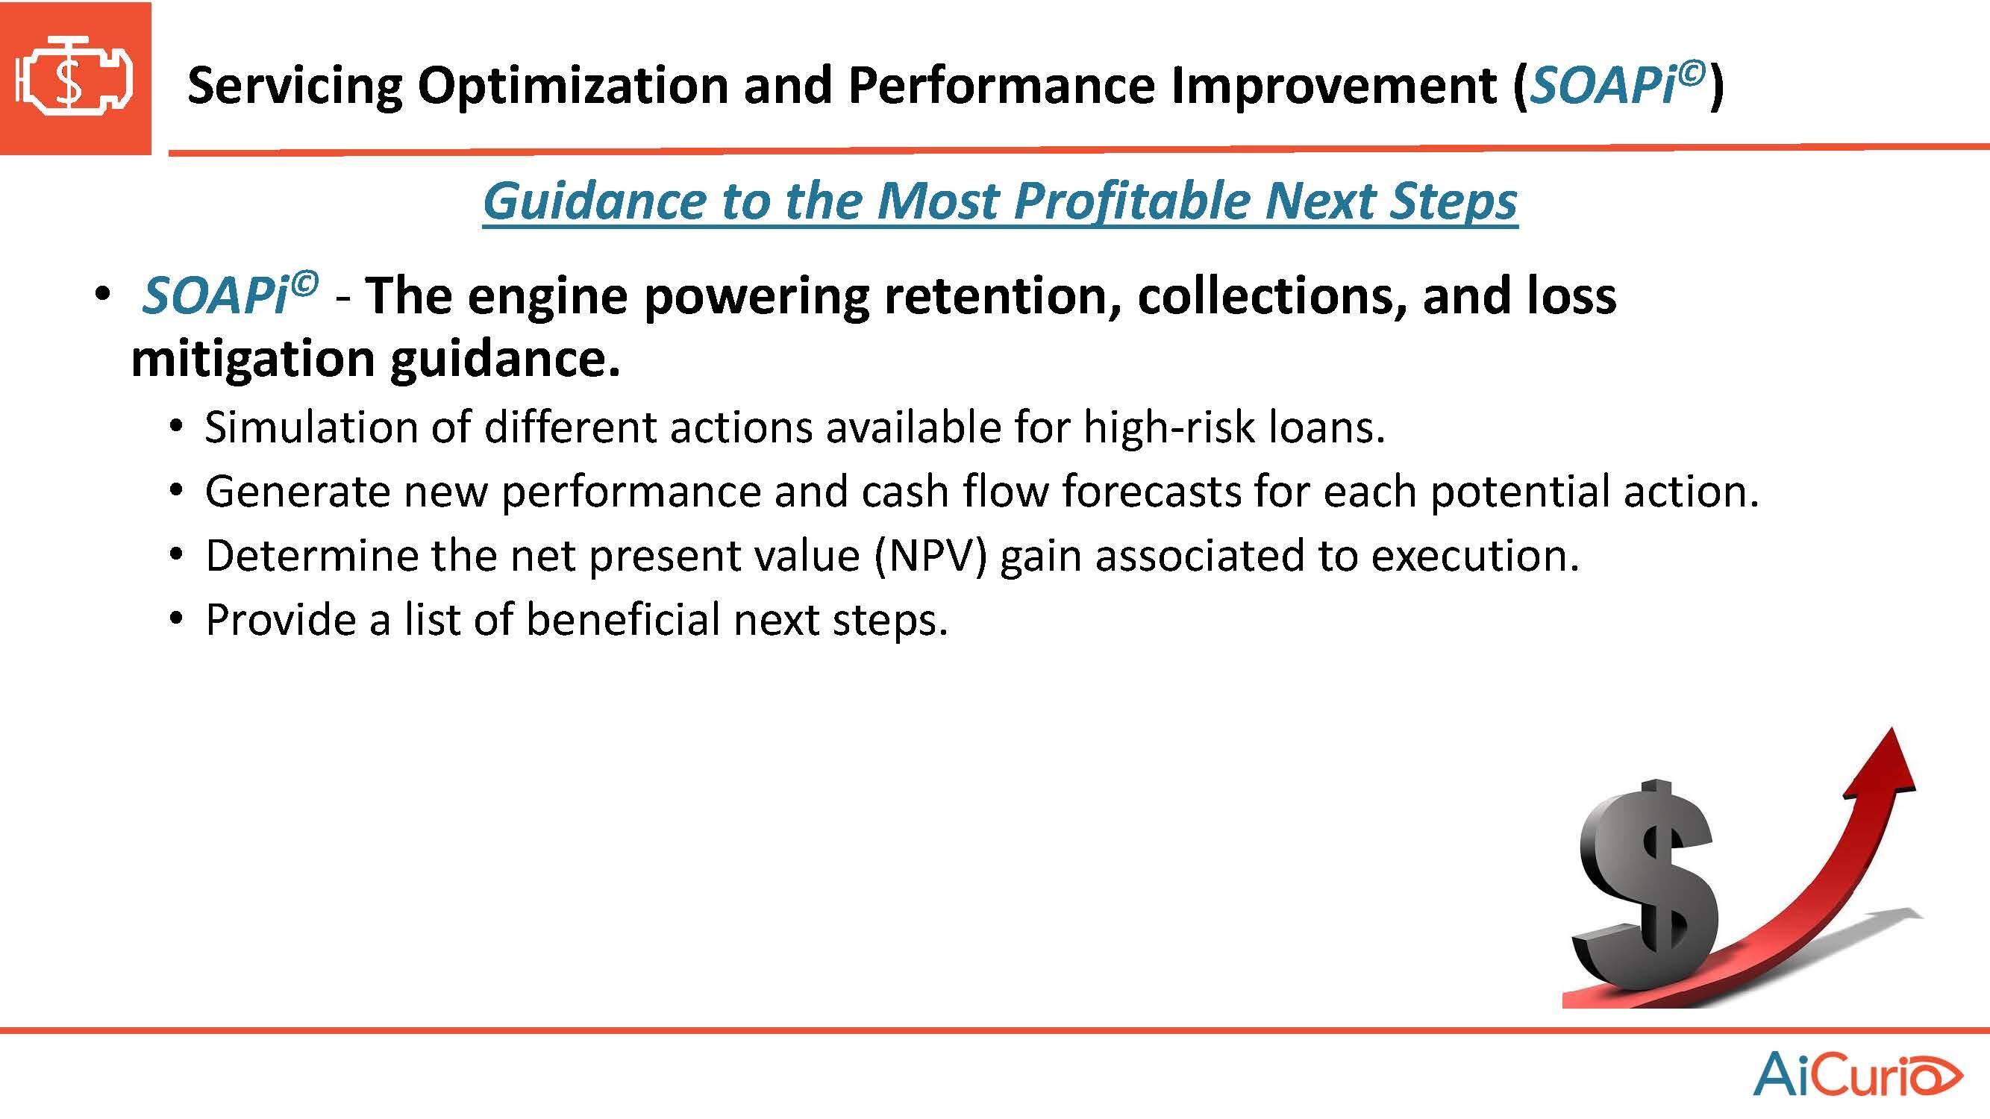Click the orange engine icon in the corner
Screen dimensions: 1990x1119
tap(75, 78)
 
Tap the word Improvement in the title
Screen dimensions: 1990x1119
tap(1333, 85)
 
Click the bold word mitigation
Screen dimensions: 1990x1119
tap(254, 360)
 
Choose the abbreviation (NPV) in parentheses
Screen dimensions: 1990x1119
tap(931, 556)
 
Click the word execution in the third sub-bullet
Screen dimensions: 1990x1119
tap(1474, 556)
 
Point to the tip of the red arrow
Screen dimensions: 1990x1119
tap(1894, 727)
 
